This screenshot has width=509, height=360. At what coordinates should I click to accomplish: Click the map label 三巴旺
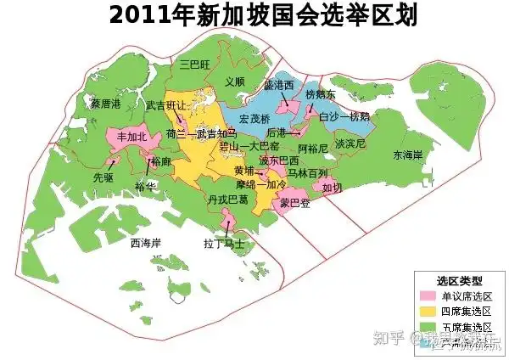pos(194,64)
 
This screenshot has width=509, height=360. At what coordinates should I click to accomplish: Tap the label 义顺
pos(235,82)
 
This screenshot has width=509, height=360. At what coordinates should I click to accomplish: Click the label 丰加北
pos(131,136)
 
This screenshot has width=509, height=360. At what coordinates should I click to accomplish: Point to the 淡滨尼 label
pos(350,144)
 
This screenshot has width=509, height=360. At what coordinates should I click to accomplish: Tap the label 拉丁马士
pos(224,243)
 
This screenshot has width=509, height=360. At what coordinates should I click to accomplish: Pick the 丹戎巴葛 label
pos(227,200)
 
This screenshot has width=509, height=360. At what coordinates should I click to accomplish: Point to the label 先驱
pos(103,178)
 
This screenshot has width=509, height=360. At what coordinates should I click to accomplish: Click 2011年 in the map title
pos(145,15)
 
